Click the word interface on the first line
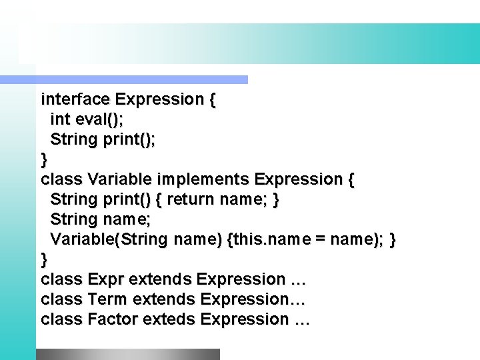[x=75, y=100]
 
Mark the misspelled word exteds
[x=172, y=319]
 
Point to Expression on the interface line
[x=159, y=100]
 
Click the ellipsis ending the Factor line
[x=301, y=320]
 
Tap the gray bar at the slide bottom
[x=127, y=354]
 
